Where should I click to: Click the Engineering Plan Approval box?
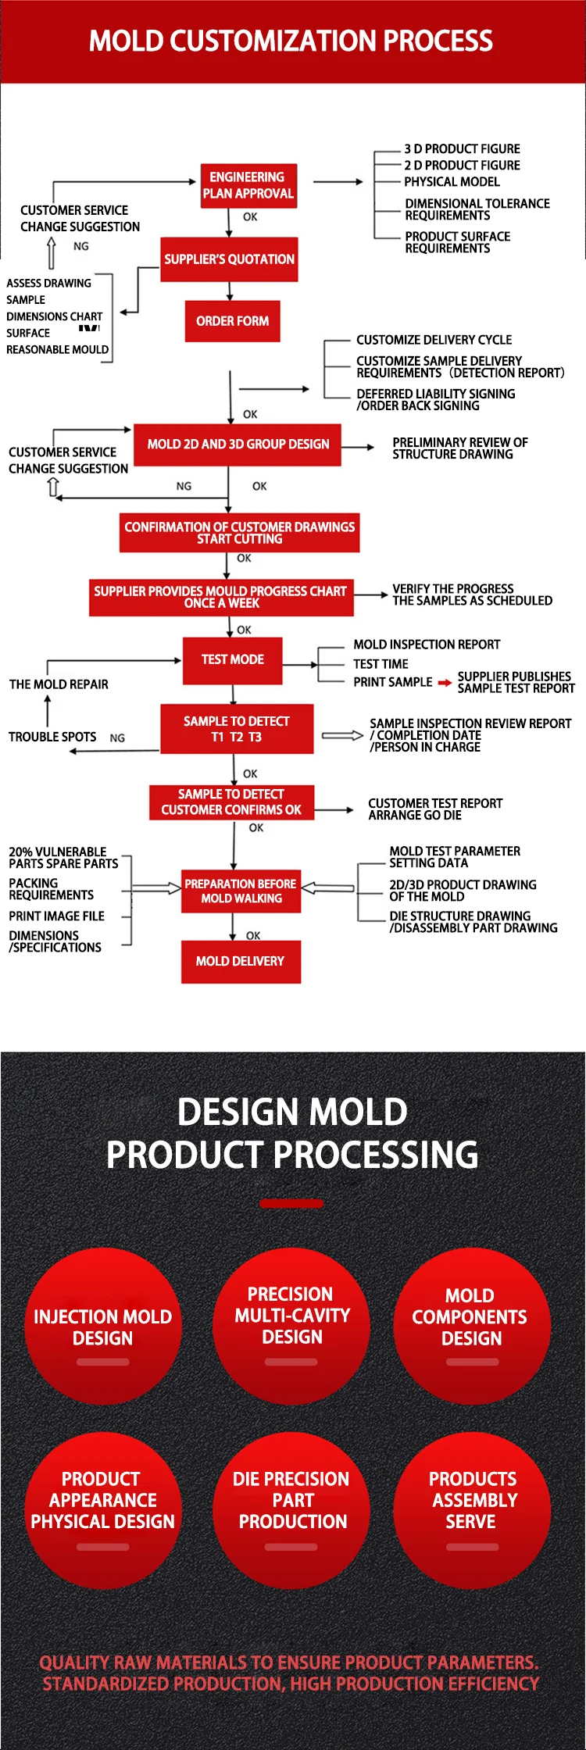tap(248, 186)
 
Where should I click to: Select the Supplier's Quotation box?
tap(229, 259)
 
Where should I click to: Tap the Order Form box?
tap(232, 321)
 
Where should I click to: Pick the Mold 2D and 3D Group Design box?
tap(238, 445)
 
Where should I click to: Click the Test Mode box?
tap(232, 660)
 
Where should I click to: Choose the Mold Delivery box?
tap(240, 962)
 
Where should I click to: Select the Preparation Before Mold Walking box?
tap(241, 891)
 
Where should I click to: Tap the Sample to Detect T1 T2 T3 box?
tap(236, 729)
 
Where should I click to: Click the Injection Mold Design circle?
tap(103, 1327)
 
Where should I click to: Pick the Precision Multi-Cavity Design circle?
tap(291, 1327)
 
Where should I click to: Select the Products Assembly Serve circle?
tap(472, 1510)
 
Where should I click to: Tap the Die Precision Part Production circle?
tap(291, 1510)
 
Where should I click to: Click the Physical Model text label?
tap(452, 182)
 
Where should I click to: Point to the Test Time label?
tap(381, 664)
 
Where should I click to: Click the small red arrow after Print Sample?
tap(445, 683)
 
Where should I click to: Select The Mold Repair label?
tap(59, 684)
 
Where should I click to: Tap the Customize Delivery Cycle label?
tap(434, 340)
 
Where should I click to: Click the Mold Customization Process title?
tap(291, 41)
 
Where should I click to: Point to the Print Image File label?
tap(56, 916)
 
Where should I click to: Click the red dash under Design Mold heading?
tap(291, 1203)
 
